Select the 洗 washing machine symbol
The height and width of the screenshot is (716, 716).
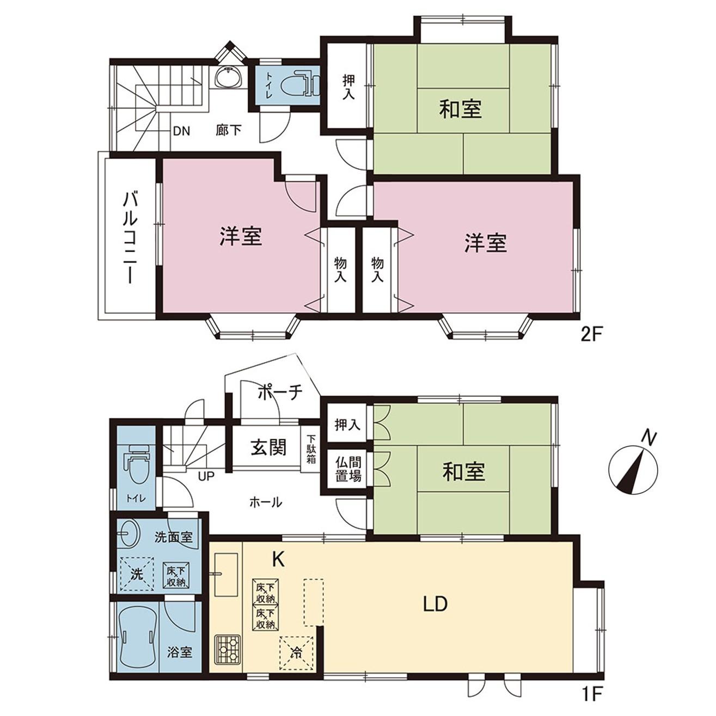(x=137, y=574)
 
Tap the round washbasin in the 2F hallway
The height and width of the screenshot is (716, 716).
(x=229, y=78)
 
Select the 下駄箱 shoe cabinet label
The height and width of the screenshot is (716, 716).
(x=310, y=449)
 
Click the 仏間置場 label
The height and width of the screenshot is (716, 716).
(x=348, y=470)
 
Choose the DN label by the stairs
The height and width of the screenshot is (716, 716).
(x=182, y=131)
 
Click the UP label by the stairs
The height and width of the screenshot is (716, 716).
(x=206, y=476)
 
